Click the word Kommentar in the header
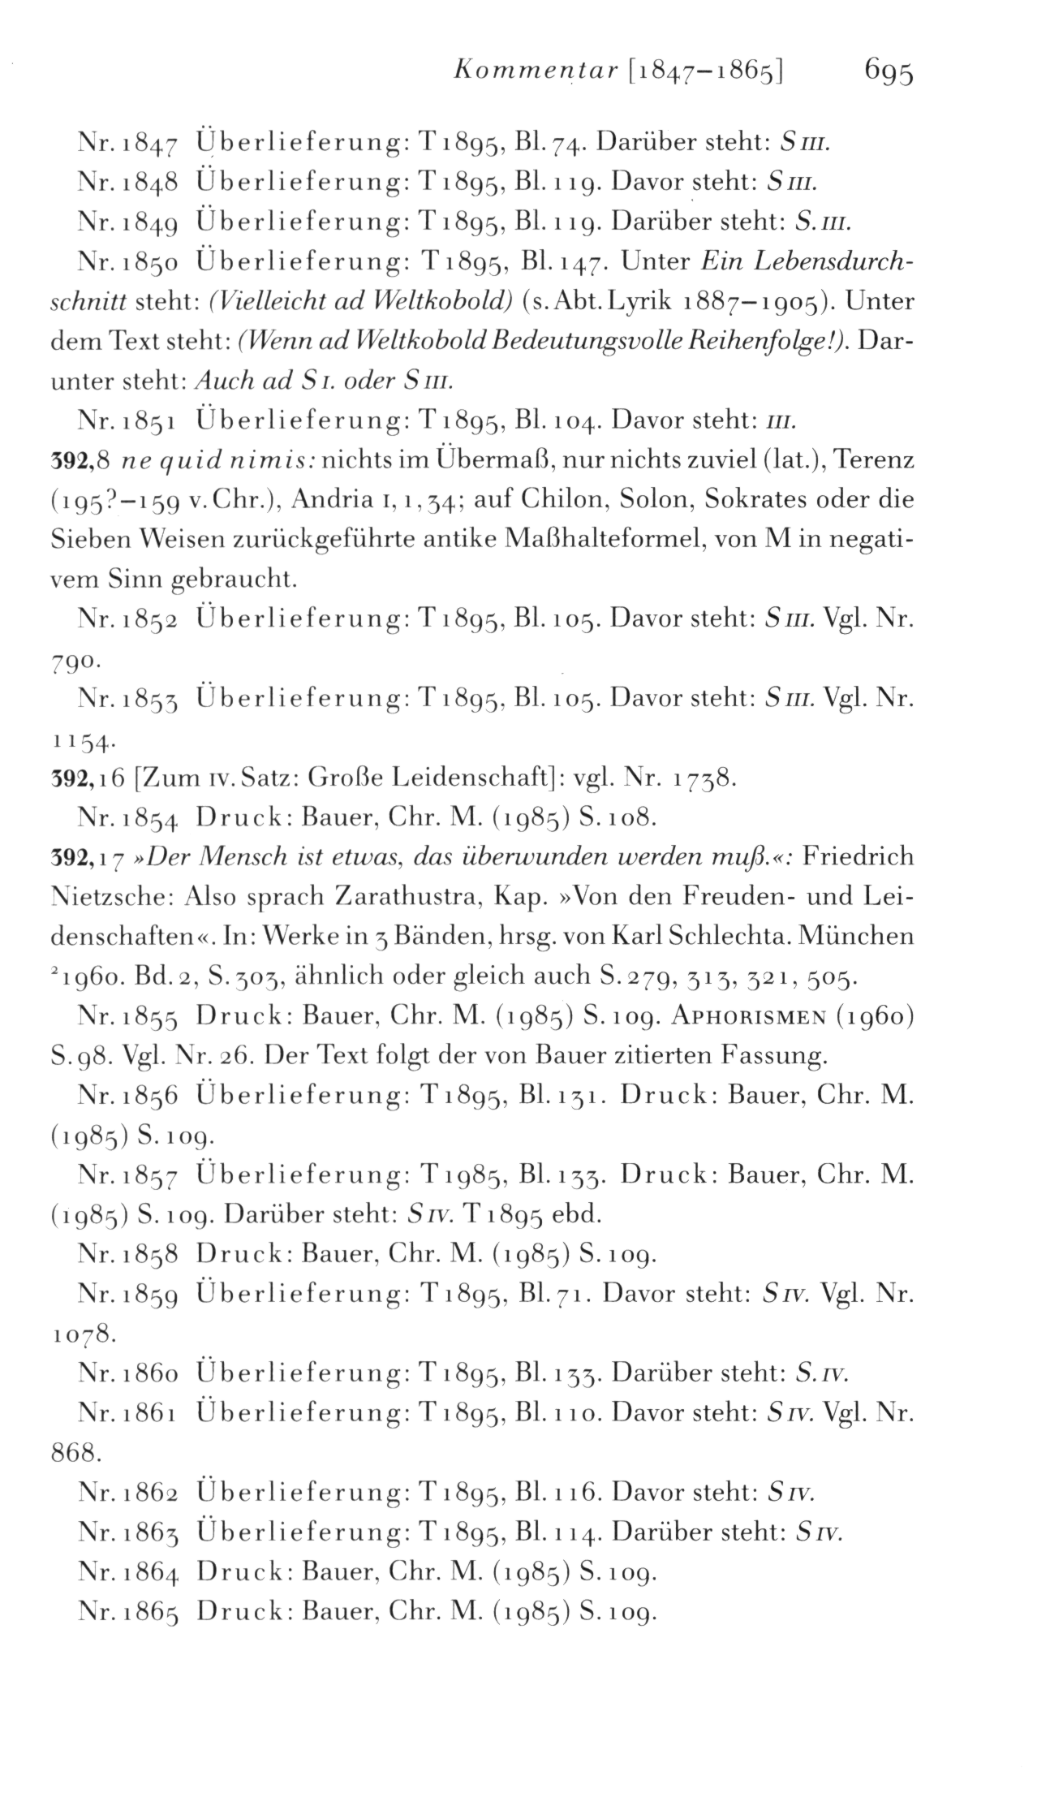point(528,72)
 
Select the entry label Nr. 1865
point(125,1612)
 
